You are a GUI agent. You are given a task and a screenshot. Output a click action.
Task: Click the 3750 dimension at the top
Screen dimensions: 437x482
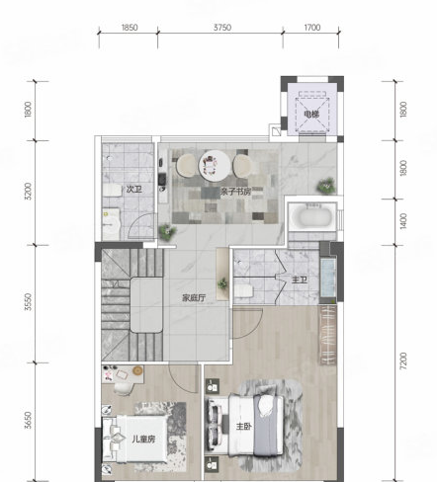pyautogui.click(x=222, y=28)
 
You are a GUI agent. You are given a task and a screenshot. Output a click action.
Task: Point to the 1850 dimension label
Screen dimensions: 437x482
pyautogui.click(x=130, y=28)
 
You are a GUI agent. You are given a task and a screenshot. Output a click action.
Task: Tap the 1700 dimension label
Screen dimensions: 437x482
pyautogui.click(x=311, y=28)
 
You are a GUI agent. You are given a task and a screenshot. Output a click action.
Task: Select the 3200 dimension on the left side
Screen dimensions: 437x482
pyautogui.click(x=29, y=191)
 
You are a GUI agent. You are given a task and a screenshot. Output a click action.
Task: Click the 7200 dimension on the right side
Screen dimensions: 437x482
pyautogui.click(x=403, y=361)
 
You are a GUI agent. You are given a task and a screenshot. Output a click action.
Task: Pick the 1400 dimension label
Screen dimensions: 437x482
pyautogui.click(x=403, y=221)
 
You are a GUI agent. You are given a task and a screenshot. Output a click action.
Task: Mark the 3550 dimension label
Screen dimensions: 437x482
pyautogui.click(x=29, y=302)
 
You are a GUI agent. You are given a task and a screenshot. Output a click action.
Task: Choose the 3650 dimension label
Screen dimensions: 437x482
pyautogui.click(x=29, y=420)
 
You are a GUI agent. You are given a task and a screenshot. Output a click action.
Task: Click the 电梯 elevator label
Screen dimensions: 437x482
pyautogui.click(x=311, y=115)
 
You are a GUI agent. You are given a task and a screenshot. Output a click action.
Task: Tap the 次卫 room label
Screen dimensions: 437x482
pyautogui.click(x=134, y=190)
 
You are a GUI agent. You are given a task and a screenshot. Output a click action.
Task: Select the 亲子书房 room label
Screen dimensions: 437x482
pyautogui.click(x=236, y=192)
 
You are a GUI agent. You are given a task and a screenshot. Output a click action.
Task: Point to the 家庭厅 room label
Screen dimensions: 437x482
pyautogui.click(x=194, y=298)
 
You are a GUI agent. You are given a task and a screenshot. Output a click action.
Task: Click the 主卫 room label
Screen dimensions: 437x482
pyautogui.click(x=300, y=281)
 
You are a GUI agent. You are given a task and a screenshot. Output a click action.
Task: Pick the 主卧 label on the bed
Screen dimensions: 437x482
pyautogui.click(x=244, y=427)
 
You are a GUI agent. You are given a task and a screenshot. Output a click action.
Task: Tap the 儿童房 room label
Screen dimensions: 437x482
pyautogui.click(x=143, y=439)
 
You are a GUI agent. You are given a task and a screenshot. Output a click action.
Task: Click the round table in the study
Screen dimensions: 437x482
pyautogui.click(x=215, y=166)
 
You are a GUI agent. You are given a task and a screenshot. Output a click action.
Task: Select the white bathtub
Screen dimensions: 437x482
pyautogui.click(x=312, y=215)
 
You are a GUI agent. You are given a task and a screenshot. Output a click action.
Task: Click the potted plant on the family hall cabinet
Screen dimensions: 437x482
pyautogui.click(x=222, y=283)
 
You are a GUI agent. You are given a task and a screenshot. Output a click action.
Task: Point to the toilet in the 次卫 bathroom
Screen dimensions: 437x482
pyautogui.click(x=111, y=191)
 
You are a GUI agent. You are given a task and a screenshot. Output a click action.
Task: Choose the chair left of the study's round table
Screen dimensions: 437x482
pyautogui.click(x=186, y=165)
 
